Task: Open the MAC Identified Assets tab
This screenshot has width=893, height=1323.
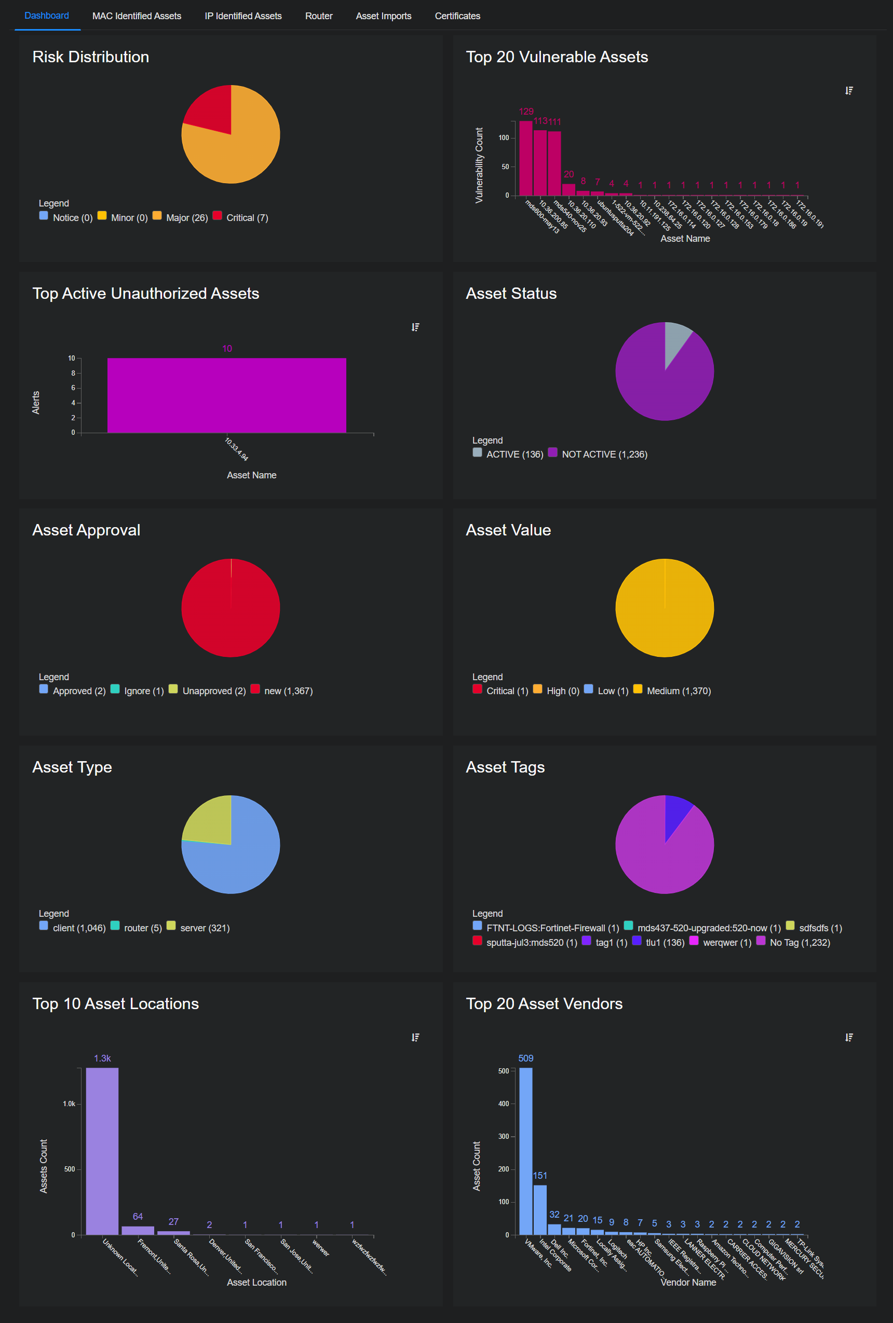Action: [137, 16]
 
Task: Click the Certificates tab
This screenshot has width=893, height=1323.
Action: [457, 16]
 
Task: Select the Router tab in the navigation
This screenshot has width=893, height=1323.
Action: [318, 16]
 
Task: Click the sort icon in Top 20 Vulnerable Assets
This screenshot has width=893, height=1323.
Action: [848, 90]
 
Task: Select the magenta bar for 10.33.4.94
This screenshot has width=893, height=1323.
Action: [227, 395]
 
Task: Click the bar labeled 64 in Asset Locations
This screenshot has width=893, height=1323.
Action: [138, 1230]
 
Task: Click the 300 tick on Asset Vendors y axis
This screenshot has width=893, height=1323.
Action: [504, 1136]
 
